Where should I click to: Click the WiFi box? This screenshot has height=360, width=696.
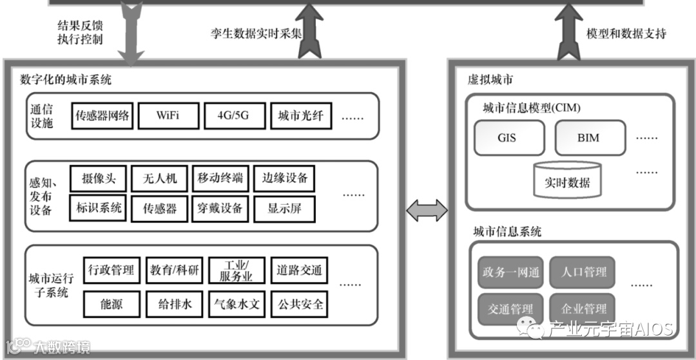tap(168, 117)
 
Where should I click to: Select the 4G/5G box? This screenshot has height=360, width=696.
tap(233, 117)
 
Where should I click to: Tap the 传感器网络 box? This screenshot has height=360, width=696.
tap(102, 117)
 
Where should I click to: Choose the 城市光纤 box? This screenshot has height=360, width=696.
tap(300, 117)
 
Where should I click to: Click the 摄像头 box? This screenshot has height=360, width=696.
tap(98, 178)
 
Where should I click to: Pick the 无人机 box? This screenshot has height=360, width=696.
tap(159, 178)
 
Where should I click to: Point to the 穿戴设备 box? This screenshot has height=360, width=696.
tap(220, 208)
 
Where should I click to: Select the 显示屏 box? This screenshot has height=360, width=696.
tap(284, 208)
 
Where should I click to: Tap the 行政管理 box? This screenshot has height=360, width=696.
tap(111, 270)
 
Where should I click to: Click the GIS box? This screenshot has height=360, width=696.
tap(507, 137)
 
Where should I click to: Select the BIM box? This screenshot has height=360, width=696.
tap(588, 137)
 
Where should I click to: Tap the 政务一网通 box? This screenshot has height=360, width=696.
tap(510, 273)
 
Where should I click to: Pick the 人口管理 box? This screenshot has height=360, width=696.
tap(584, 273)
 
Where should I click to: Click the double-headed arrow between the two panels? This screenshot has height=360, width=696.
tap(427, 209)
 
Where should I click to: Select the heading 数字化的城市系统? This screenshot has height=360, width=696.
tap(66, 80)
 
